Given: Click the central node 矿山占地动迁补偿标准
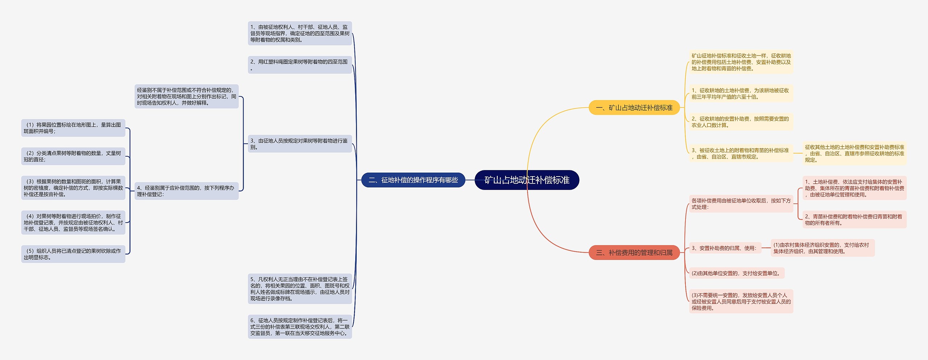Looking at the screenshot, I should point(527,180).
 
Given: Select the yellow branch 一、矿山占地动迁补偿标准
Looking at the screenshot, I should point(634,108).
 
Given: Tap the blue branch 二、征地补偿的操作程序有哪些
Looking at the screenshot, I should point(413,180).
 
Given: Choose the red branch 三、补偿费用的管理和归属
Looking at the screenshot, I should point(634,253).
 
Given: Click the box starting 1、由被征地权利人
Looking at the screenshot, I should point(300,33).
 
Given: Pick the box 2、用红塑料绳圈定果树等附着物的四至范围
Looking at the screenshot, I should point(300,65).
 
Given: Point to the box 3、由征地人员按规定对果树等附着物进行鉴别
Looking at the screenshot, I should point(300,144).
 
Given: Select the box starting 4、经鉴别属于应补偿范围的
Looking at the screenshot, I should point(186,191).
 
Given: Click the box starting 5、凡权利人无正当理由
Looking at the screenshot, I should point(300,289).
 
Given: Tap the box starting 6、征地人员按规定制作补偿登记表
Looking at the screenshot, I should point(300,327).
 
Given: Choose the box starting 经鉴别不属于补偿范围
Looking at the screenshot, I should point(186,96).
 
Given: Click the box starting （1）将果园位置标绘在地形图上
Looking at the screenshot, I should point(73,128).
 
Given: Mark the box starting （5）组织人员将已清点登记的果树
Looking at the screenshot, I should point(73,254).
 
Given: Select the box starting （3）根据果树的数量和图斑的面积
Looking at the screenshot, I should point(73,188).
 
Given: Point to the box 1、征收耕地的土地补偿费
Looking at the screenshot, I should point(741,94).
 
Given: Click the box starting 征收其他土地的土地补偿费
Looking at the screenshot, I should point(854,153).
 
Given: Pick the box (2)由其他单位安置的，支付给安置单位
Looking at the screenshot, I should point(736,273).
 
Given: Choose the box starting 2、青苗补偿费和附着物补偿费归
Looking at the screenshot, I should point(854,220).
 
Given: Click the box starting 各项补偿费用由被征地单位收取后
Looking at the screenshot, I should point(741,204).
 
